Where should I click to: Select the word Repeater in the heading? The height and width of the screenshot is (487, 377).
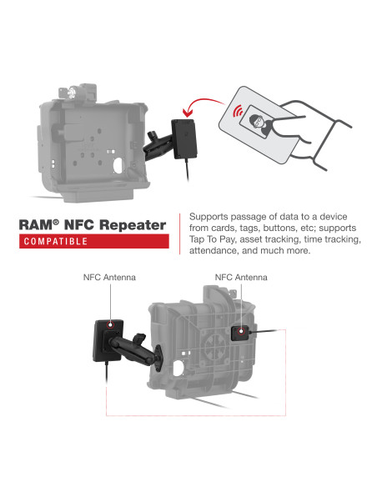[x=133, y=225]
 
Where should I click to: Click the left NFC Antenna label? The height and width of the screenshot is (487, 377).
[x=109, y=276]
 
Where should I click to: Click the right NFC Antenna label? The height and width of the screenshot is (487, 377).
[x=240, y=276]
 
